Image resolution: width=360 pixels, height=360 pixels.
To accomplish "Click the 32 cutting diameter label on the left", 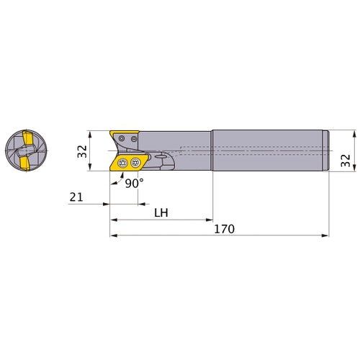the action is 82,151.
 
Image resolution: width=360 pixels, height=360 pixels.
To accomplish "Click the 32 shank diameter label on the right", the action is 346,161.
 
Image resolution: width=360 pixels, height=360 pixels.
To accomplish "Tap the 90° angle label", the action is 134,184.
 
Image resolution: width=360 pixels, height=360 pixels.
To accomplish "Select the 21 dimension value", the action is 76,197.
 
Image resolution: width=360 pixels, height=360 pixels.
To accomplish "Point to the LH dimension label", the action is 161,212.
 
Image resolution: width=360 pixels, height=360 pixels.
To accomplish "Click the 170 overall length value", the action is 224,229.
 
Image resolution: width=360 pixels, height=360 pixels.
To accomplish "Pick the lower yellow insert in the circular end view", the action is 25,163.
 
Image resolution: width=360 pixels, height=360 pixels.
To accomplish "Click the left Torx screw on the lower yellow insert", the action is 122,163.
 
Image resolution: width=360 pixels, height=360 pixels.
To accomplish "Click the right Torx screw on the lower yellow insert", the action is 135,163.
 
